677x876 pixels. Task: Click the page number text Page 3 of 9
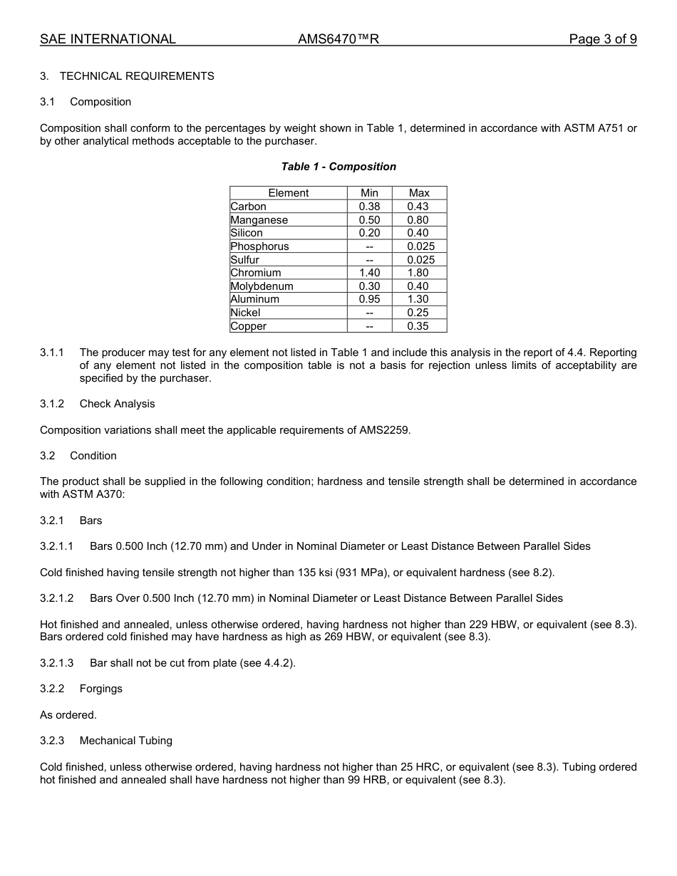(602, 39)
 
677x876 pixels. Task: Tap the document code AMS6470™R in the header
(338, 39)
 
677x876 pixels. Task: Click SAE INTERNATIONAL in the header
(108, 39)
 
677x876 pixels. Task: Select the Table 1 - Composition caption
(338, 167)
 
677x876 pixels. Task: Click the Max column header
(419, 193)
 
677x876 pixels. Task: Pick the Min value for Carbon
(369, 207)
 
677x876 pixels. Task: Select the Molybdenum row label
(262, 286)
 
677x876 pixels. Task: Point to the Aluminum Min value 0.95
(369, 299)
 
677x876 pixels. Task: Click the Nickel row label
(245, 313)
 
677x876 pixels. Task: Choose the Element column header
(288, 193)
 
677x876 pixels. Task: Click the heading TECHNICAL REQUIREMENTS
(137, 76)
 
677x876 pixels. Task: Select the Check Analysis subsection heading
(117, 404)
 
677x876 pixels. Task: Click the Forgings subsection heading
(100, 689)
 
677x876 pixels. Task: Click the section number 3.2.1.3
(56, 663)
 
